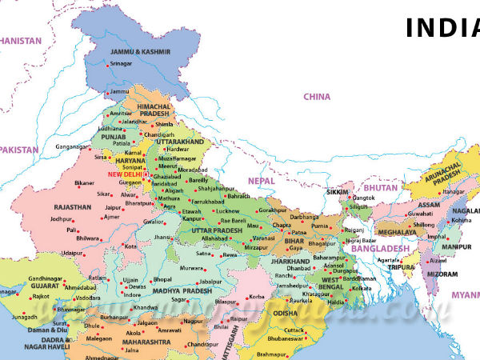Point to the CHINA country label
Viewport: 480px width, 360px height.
[x=316, y=97]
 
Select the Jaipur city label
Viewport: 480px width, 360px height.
[x=115, y=207]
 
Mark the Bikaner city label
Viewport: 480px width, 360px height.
[x=85, y=183]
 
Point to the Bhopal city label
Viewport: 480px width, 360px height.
[x=162, y=279]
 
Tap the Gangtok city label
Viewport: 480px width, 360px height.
[x=364, y=197]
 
